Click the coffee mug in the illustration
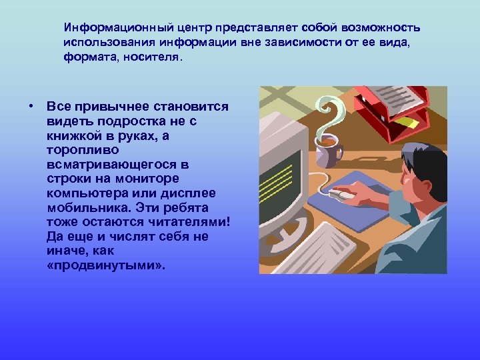[x=327, y=152]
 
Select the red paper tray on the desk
[x=391, y=110]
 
